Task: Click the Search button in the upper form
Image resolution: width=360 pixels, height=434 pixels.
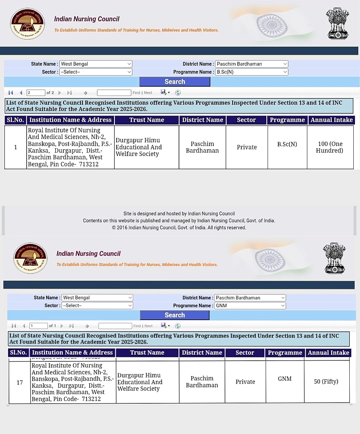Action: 175,82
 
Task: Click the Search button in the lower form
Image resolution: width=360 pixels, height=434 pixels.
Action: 175,315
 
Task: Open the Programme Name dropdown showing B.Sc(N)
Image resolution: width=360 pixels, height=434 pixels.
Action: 252,72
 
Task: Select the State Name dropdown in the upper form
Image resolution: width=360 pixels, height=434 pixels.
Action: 96,64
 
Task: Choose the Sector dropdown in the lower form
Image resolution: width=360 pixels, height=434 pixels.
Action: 98,306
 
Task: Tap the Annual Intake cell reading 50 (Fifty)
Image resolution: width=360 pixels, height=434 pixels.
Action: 326,382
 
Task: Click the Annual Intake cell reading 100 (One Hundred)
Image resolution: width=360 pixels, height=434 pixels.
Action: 330,147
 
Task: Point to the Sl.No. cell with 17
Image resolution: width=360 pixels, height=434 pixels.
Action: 20,382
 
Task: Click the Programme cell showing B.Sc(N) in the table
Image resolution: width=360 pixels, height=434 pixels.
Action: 287,144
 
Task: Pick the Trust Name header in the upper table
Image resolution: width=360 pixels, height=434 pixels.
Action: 147,120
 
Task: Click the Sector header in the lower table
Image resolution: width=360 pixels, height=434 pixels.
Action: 245,353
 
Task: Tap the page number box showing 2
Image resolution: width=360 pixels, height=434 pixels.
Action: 36,93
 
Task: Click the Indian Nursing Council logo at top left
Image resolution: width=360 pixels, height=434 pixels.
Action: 27,24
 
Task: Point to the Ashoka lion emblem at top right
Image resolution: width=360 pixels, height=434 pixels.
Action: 337,24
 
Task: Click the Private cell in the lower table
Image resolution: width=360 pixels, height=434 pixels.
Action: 245,382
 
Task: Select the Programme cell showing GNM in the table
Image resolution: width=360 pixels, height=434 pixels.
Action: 285,379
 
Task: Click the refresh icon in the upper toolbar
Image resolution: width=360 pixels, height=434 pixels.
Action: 178,93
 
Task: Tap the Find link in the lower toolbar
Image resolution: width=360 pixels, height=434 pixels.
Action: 137,326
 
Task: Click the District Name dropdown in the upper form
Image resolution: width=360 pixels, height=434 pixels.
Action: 252,64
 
